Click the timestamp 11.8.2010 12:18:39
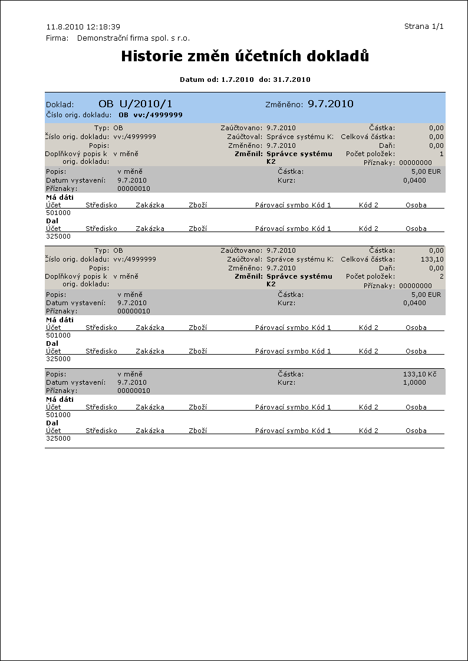point(83,27)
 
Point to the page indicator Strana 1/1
point(423,27)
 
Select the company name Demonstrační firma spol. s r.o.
point(134,38)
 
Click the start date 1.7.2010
point(237,79)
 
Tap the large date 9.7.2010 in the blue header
point(330,104)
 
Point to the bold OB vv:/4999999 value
point(150,115)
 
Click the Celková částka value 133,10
point(433,259)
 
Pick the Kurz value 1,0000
point(414,382)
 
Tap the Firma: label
point(57,38)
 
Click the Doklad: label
point(60,105)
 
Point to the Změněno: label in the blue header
point(284,105)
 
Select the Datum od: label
point(199,79)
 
